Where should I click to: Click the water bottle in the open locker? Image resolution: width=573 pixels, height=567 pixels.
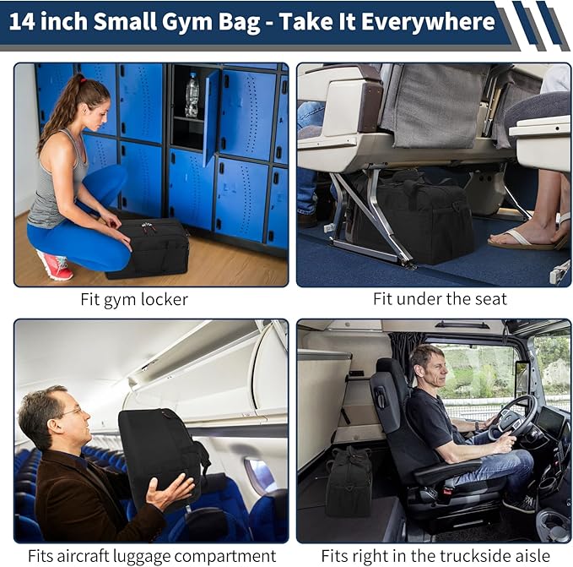coord(192,95)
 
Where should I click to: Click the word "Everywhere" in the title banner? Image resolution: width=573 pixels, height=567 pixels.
coord(428,22)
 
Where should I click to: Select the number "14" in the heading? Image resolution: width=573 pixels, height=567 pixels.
coord(22,22)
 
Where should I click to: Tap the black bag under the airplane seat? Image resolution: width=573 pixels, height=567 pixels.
coord(409,215)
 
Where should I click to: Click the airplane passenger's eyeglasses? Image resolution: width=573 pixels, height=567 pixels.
coord(72,412)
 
